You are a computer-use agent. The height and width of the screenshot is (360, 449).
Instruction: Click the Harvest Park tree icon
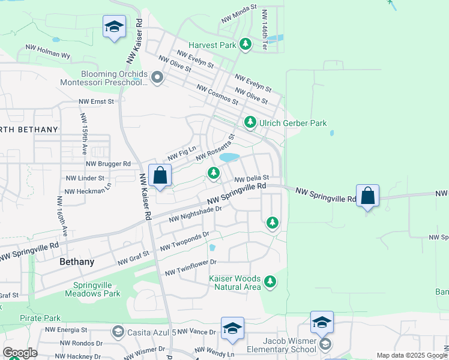pyautogui.click(x=245, y=44)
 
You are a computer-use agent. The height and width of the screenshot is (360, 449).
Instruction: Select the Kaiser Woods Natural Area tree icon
pyautogui.click(x=270, y=281)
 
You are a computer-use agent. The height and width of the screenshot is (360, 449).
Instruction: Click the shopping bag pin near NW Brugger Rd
pyautogui.click(x=160, y=176)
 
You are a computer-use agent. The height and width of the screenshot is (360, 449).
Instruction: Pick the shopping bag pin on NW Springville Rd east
pyautogui.click(x=367, y=196)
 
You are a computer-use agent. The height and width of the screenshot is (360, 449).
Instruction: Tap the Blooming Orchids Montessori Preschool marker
pyautogui.click(x=157, y=77)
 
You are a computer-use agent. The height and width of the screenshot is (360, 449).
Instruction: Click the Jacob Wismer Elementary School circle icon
pyautogui.click(x=325, y=344)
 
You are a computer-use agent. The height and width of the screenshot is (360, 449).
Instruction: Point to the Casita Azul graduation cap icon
pyautogui.click(x=118, y=332)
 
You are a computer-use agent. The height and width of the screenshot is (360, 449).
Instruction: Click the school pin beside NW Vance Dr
pyautogui.click(x=232, y=328)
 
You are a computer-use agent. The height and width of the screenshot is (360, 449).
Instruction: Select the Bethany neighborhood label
pyautogui.click(x=77, y=262)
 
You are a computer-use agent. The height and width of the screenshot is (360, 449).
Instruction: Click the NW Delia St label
pyautogui.click(x=251, y=179)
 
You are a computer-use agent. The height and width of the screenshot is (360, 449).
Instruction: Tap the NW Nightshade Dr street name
pyautogui.click(x=196, y=214)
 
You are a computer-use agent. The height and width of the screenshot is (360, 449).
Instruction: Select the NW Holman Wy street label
pyautogui.click(x=48, y=50)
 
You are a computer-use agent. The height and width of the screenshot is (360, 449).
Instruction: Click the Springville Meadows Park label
pyautogui.click(x=97, y=289)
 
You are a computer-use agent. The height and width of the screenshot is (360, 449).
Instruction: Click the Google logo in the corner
pyautogui.click(x=20, y=353)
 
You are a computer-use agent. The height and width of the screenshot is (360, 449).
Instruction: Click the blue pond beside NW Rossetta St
pyautogui.click(x=229, y=158)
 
